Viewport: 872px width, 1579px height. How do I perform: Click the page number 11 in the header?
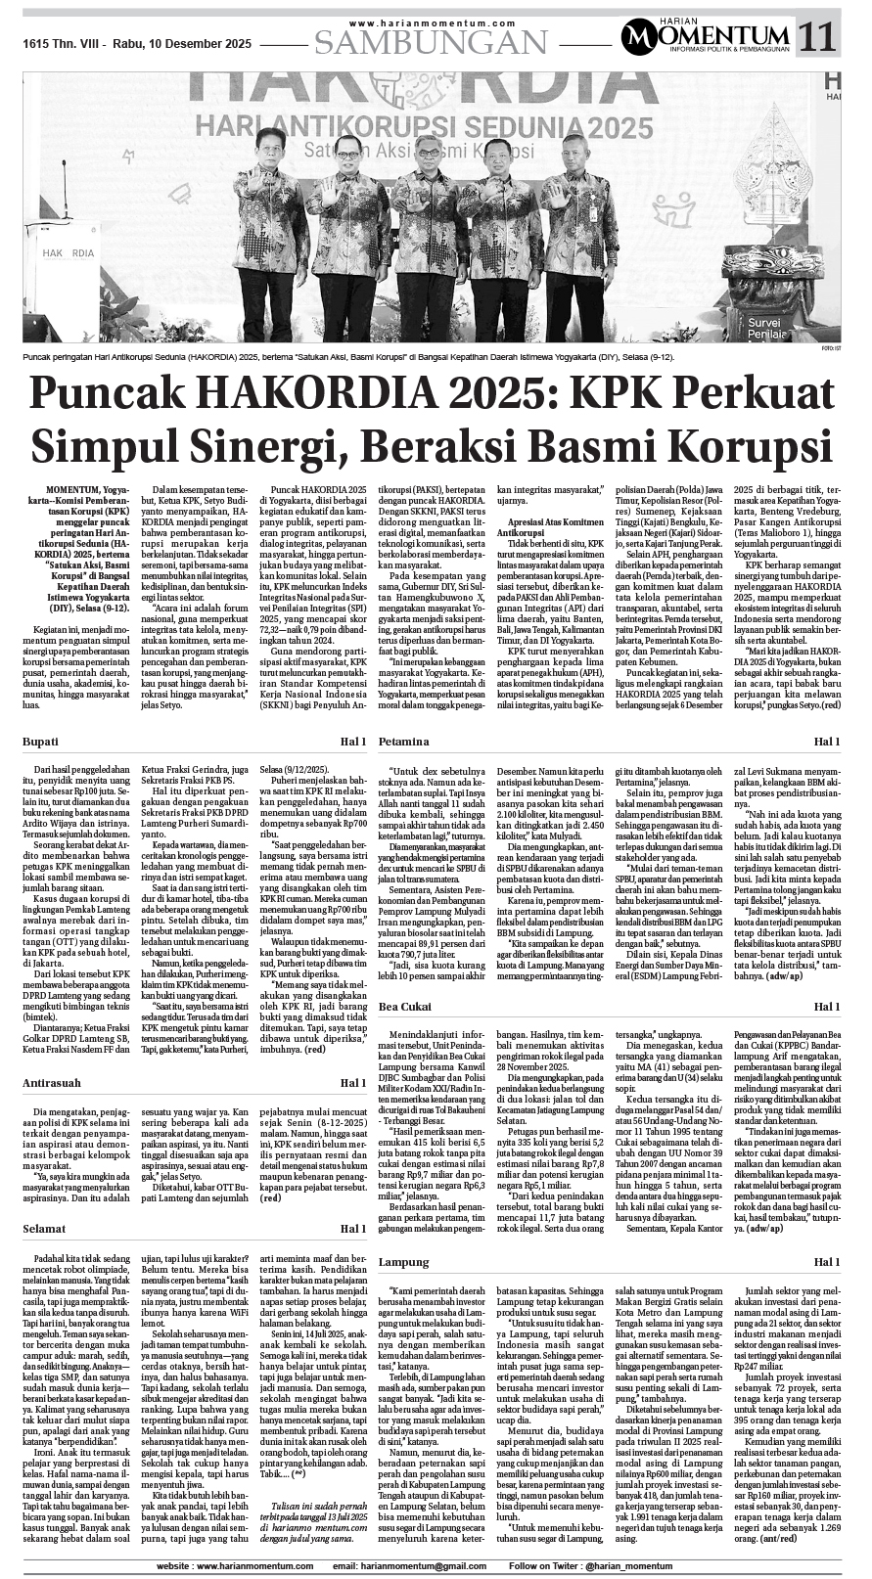tap(819, 38)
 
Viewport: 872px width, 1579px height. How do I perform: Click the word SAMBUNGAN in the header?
tap(431, 41)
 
